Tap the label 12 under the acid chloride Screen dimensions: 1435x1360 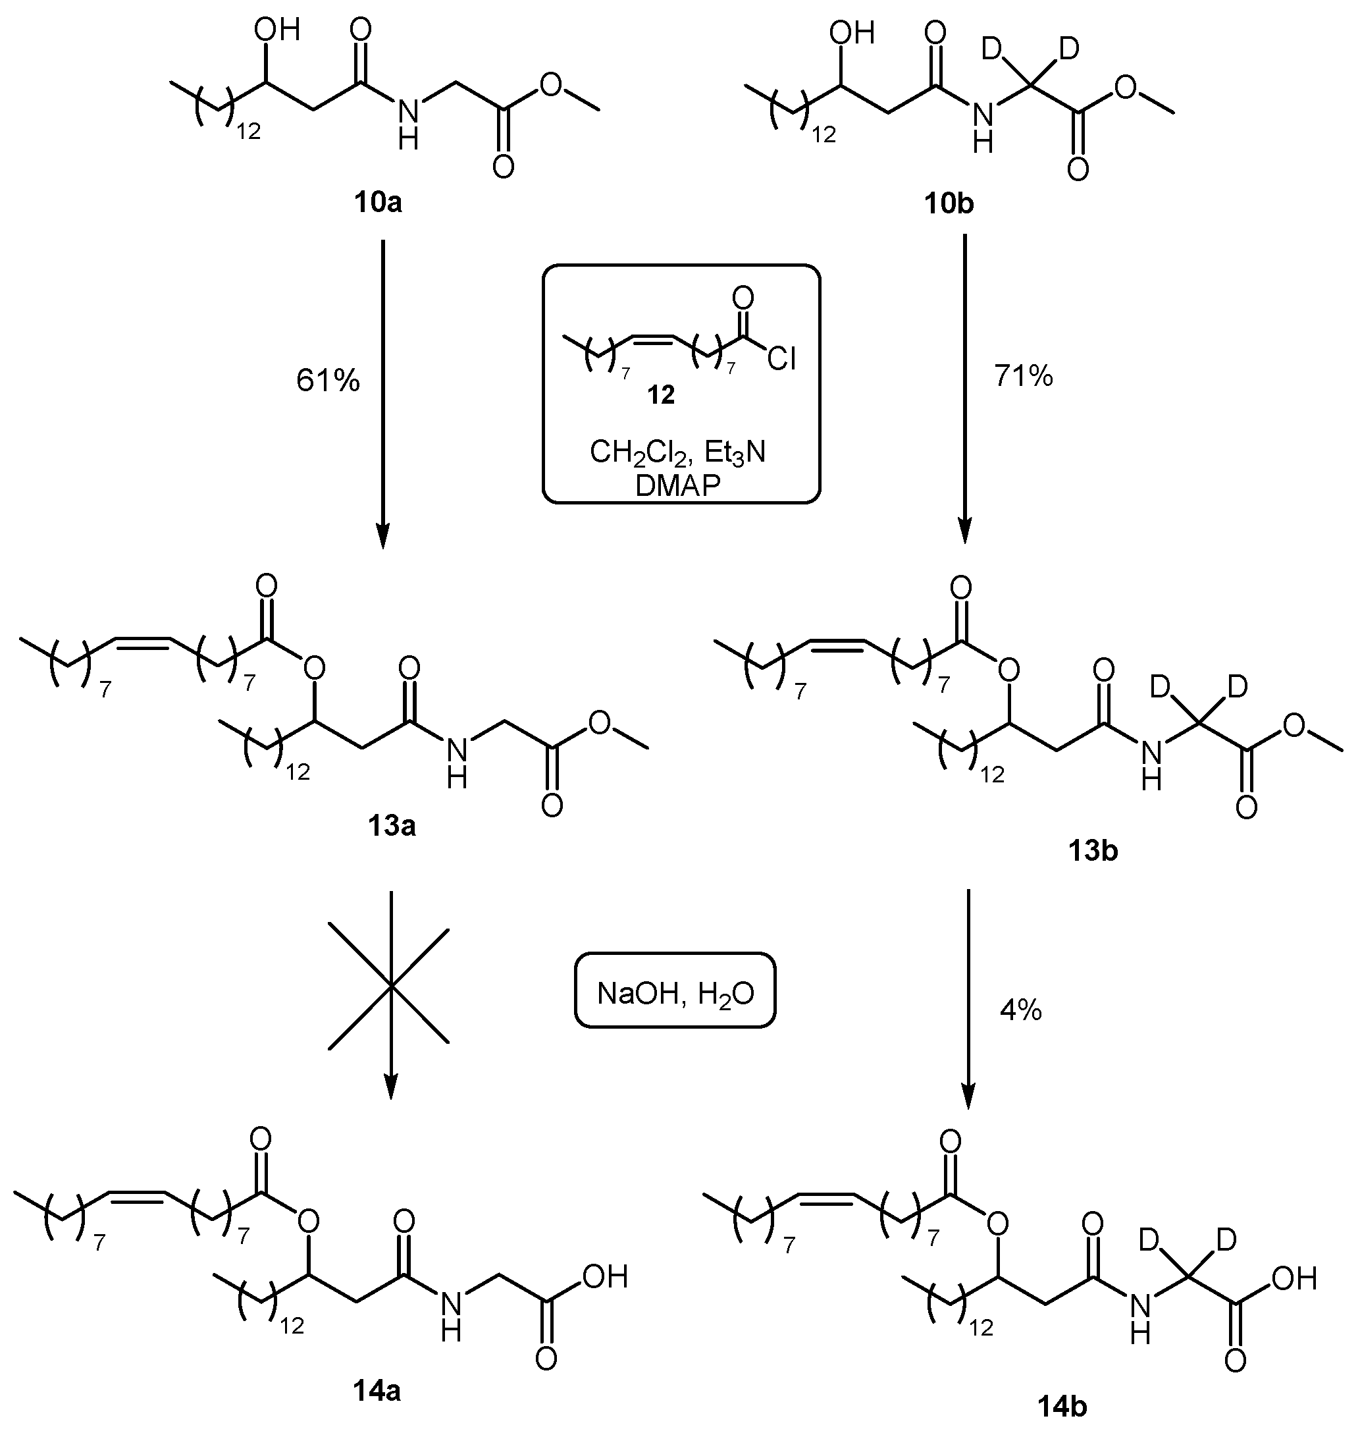pos(660,394)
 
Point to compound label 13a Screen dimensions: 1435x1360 pos(392,825)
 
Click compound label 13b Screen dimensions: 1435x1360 pos(1093,851)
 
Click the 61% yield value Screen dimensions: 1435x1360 pos(328,380)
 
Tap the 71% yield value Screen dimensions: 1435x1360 pos(1023,375)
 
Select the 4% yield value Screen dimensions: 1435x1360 pos(1021,1010)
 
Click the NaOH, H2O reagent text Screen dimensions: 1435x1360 pos(675,992)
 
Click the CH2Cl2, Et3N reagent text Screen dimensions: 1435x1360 pos(677,452)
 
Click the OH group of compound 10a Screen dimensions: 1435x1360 pos(276,30)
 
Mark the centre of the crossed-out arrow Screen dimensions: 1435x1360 pos(390,985)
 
